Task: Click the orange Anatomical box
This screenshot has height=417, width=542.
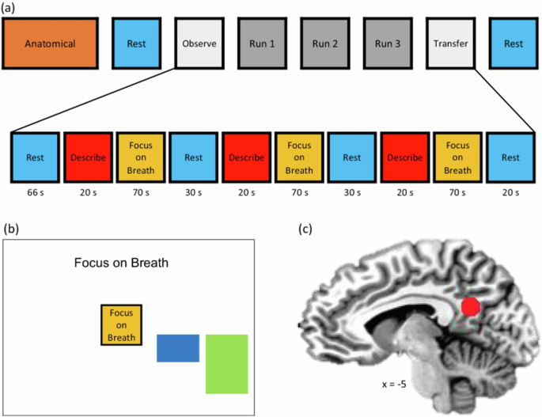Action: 50,44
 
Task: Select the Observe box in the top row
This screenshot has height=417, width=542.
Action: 199,44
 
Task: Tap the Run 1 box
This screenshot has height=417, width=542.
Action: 262,44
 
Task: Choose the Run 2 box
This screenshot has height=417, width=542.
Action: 325,44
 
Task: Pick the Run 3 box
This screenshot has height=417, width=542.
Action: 388,44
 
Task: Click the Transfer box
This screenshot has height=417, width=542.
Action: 451,44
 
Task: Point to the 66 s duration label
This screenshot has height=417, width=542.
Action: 36,192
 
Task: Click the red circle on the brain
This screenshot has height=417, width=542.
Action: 471,307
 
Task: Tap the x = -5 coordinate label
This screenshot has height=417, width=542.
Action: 394,384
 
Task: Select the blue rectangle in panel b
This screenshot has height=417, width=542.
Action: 178,348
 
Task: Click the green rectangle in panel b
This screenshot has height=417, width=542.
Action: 227,364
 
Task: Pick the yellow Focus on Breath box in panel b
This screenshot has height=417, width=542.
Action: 121,325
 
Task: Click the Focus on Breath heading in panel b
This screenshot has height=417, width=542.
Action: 121,263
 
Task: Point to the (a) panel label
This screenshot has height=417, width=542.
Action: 8,8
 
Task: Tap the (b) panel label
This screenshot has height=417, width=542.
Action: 11,229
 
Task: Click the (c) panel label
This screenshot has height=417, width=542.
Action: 305,229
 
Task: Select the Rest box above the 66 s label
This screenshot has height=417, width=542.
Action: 35,157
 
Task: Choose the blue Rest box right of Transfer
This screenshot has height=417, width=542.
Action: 514,44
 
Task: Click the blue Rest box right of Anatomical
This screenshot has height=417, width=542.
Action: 137,44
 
